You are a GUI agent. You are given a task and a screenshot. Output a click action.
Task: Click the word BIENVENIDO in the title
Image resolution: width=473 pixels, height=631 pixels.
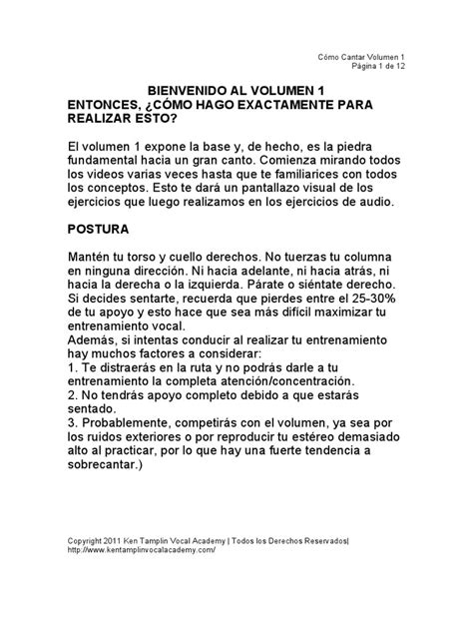click(x=181, y=88)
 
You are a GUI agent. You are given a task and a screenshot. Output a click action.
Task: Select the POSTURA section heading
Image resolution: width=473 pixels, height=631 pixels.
click(x=99, y=228)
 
